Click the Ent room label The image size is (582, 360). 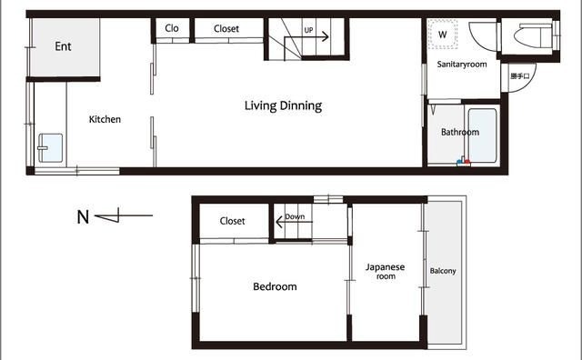tap(63, 46)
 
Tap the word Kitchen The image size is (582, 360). tap(105, 119)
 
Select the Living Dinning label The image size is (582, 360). tap(283, 105)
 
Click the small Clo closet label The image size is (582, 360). tap(172, 28)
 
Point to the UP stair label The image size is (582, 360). tap(308, 30)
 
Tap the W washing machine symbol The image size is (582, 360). tap(442, 35)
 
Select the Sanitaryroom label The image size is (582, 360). tap(462, 65)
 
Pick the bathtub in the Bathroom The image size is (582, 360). tap(482, 135)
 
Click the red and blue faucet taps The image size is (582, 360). tap(463, 161)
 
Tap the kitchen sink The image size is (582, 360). tap(51, 147)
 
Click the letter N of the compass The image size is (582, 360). tap(83, 217)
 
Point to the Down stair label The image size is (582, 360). tap(295, 216)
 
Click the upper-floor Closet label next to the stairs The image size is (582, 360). tap(233, 221)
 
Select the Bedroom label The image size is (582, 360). tap(275, 286)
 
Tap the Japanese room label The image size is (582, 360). tap(386, 271)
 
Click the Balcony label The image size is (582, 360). tap(443, 271)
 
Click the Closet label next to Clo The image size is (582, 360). tap(226, 28)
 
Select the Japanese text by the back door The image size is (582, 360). tap(520, 76)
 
